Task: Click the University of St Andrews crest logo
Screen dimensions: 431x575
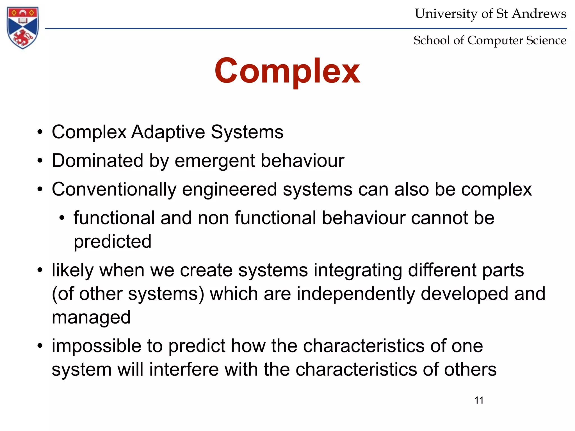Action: tap(23, 27)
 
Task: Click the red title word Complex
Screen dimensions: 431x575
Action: tap(287, 71)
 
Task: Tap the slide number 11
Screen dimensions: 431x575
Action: tap(479, 400)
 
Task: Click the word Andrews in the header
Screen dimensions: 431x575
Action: tap(539, 13)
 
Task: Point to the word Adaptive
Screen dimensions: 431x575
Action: tap(168, 132)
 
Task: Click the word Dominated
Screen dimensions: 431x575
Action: tap(97, 161)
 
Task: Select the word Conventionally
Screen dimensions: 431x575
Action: tap(114, 189)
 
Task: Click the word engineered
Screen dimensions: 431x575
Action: tap(229, 189)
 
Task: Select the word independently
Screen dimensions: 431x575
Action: tap(356, 294)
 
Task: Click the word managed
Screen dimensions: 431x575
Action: tap(91, 318)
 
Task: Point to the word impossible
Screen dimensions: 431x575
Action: tap(96, 346)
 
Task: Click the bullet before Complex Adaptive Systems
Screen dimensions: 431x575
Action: tap(40, 132)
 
